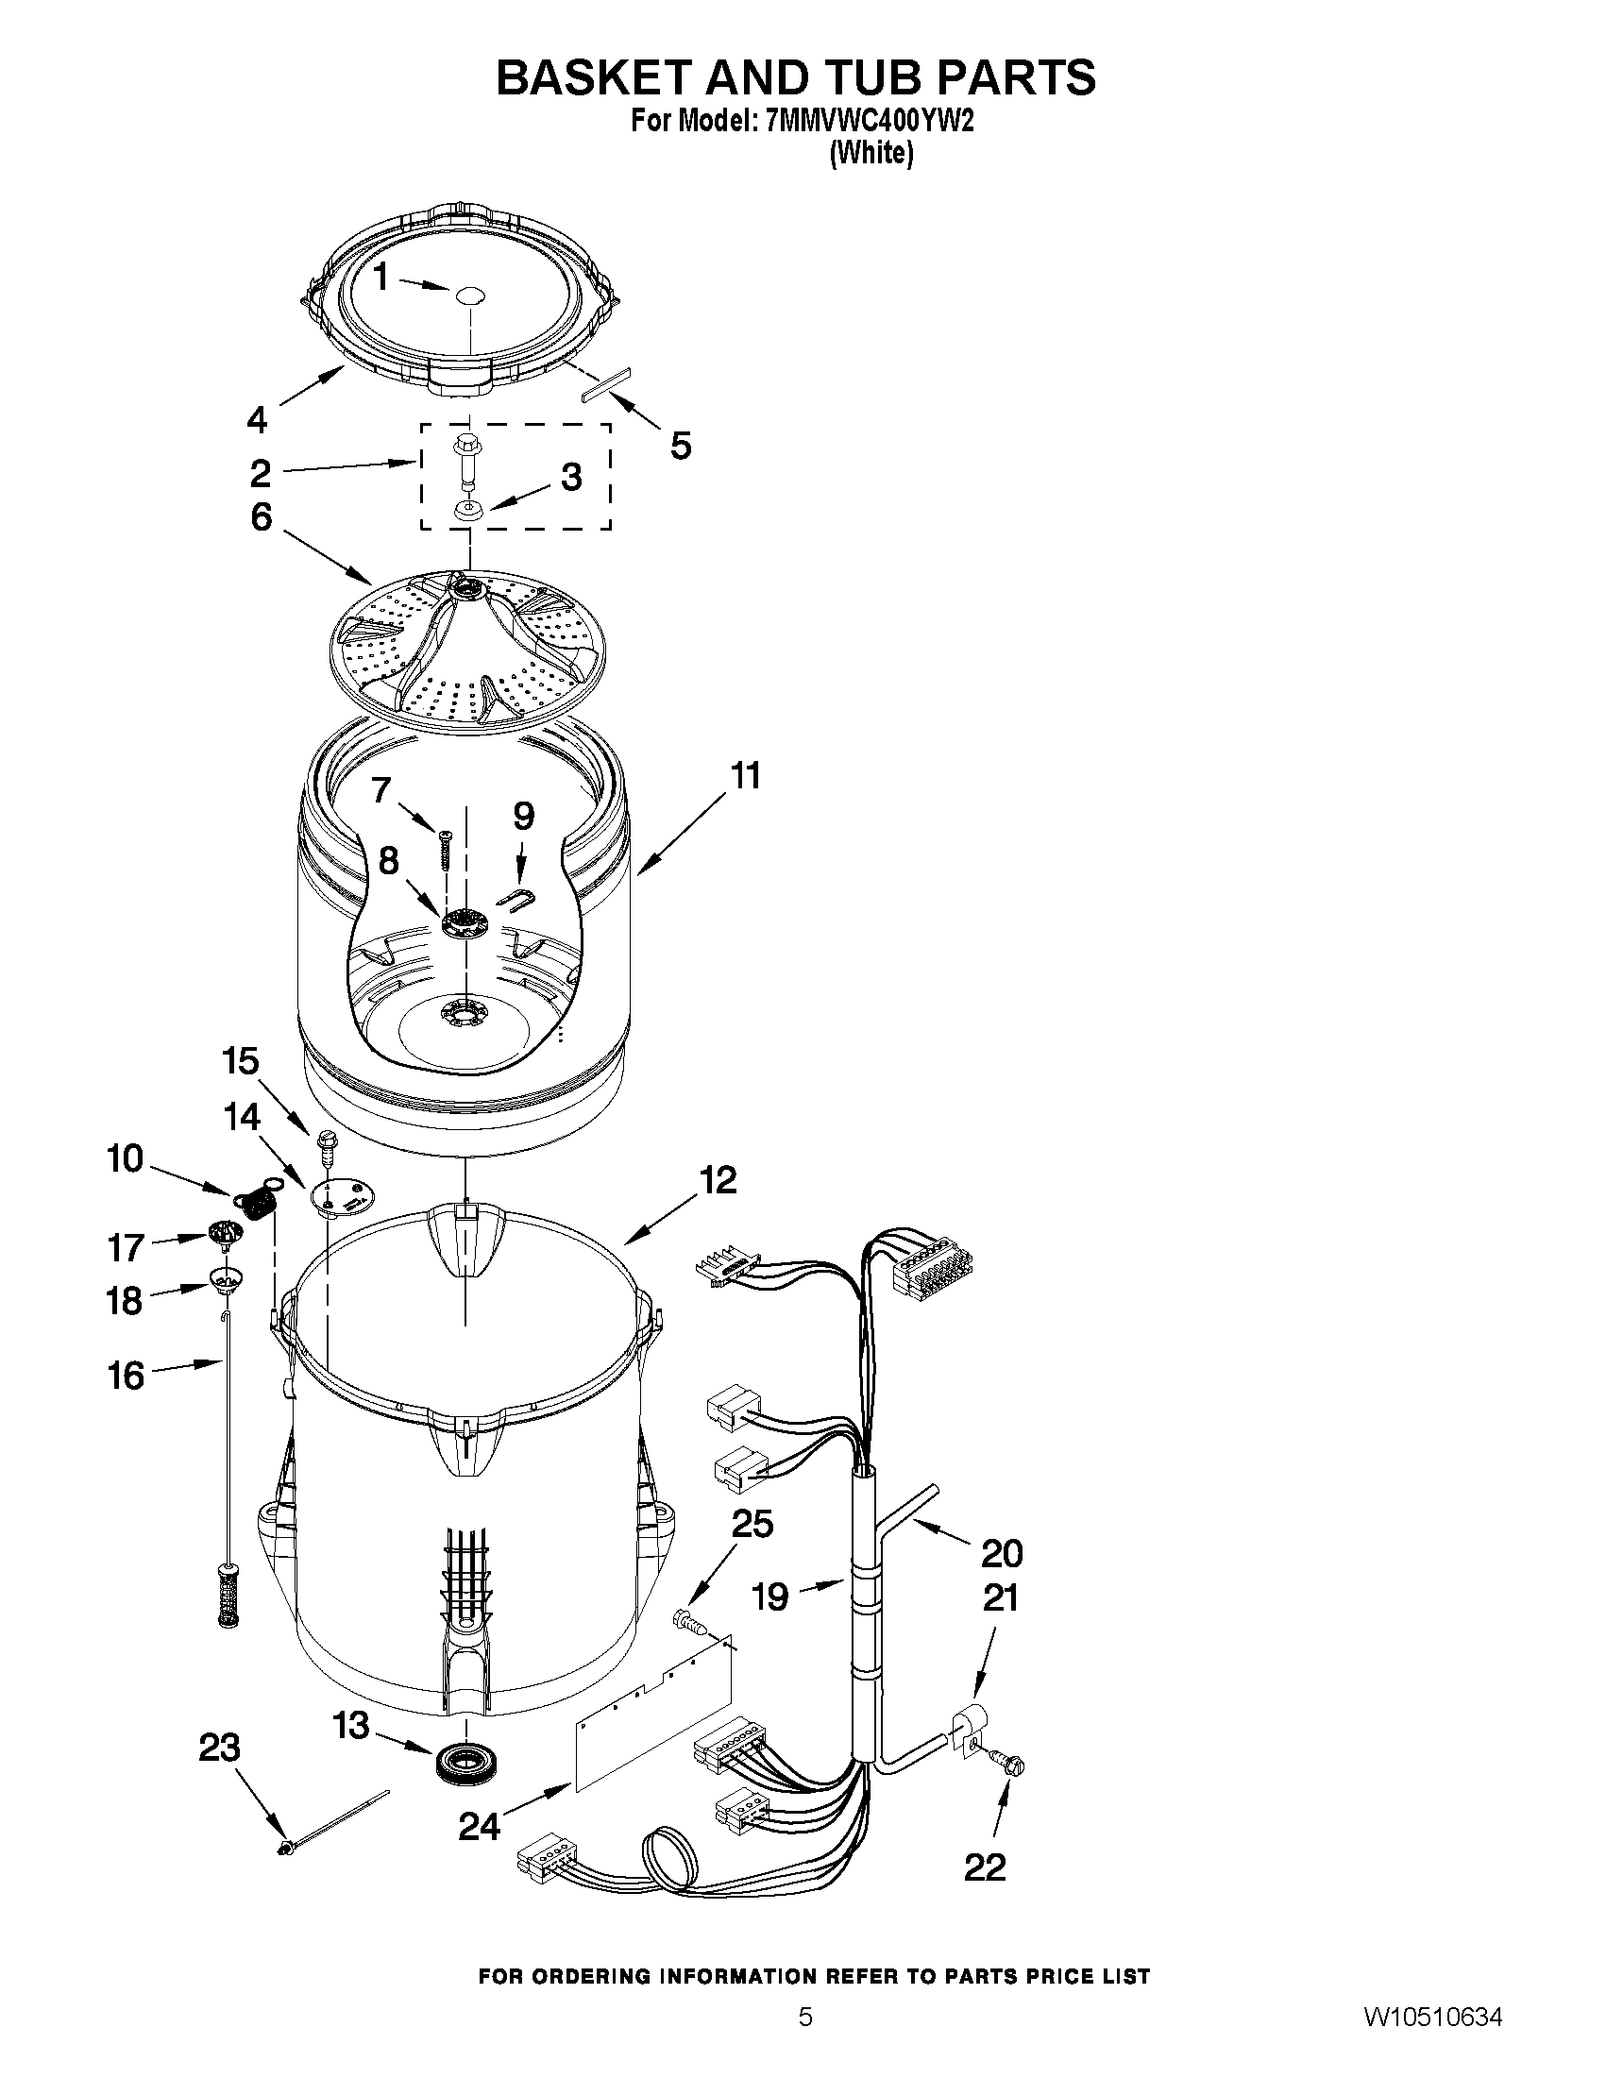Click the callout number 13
click(351, 1725)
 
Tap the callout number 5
click(681, 445)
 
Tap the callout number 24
click(480, 1826)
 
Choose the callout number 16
click(126, 1375)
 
